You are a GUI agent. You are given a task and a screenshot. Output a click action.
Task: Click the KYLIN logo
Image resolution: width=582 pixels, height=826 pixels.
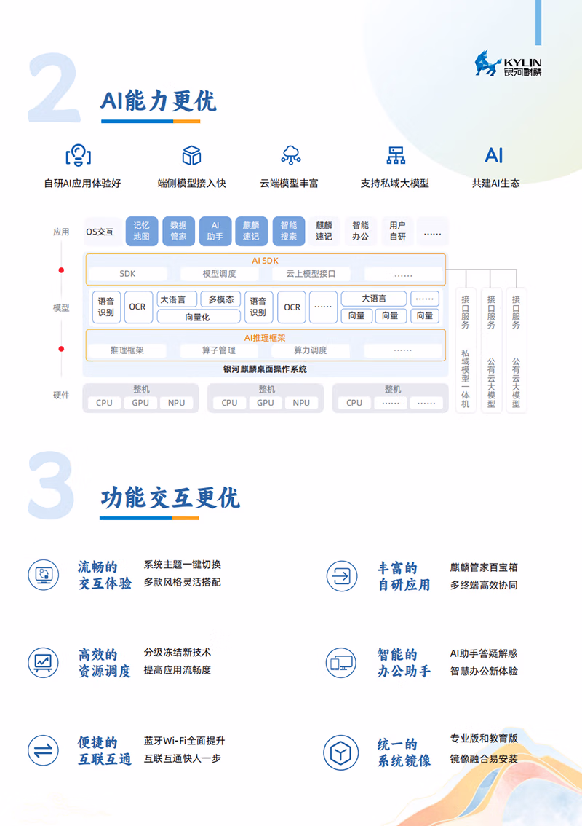tap(508, 63)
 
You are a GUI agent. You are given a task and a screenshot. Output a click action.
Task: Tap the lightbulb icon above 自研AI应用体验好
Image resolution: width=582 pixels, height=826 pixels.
tap(78, 155)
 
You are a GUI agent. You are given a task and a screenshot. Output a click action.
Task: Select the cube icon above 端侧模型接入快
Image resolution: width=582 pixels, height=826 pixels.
tap(191, 155)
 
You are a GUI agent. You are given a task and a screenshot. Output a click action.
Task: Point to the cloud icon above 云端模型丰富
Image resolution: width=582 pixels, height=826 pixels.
tap(291, 155)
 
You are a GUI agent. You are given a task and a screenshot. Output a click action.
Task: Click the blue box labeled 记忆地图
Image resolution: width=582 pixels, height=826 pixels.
tap(141, 231)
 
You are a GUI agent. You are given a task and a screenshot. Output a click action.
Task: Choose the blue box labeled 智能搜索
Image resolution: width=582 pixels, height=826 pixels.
tap(289, 231)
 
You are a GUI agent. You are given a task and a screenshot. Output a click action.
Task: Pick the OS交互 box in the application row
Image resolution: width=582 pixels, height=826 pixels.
tap(100, 232)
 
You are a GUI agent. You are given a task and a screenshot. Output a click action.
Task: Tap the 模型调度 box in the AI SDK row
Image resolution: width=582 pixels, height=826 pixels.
tap(219, 274)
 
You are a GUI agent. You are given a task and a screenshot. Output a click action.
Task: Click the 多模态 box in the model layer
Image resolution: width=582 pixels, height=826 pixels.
tap(220, 299)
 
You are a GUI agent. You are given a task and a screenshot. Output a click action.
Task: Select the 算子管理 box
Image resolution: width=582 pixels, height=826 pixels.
tap(219, 350)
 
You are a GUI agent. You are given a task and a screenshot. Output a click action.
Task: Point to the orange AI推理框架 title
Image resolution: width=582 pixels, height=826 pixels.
tap(265, 337)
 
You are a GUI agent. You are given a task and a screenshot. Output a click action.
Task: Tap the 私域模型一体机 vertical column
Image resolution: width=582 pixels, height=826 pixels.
tap(466, 350)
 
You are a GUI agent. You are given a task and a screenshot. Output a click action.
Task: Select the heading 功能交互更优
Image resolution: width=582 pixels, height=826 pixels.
tap(170, 498)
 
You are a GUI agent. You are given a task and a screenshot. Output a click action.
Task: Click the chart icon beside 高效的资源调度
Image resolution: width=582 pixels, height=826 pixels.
tap(43, 662)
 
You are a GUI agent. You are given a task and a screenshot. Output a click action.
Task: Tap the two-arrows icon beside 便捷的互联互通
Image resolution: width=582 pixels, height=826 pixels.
tap(43, 750)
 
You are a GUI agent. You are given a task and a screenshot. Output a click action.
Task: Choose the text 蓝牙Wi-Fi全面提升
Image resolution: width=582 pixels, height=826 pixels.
tap(184, 741)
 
